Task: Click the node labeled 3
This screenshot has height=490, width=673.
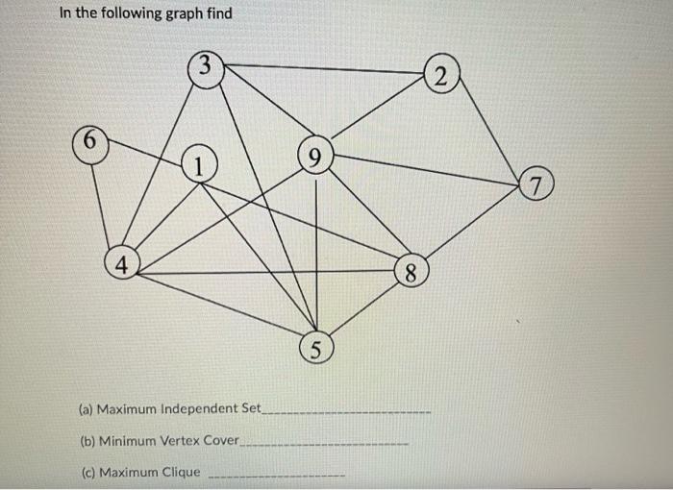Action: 205,68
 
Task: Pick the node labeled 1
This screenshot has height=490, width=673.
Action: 198,165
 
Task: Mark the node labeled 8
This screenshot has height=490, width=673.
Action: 410,273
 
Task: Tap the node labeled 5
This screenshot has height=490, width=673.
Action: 316,346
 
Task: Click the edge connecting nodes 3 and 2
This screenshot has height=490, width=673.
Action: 321,68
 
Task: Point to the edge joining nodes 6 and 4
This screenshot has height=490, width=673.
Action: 104,204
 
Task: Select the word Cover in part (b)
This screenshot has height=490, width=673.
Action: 219,441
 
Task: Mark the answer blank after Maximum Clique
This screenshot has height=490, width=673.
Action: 276,476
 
